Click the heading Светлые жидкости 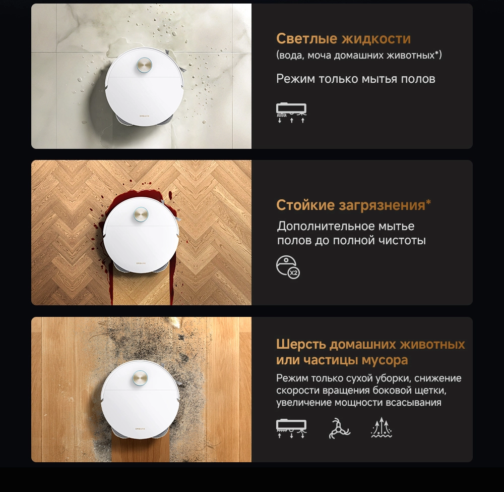343,39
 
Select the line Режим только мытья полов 356,79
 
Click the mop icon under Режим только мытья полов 291,113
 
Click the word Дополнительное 325,226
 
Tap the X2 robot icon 288,267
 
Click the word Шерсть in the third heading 301,344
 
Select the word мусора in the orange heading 385,360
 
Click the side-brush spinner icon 339,428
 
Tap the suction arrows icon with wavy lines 381,427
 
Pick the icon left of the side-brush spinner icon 291,428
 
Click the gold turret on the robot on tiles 144,65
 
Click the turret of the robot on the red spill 141,215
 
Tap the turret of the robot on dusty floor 140,378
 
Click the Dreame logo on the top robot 144,116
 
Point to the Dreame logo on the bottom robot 140,428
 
